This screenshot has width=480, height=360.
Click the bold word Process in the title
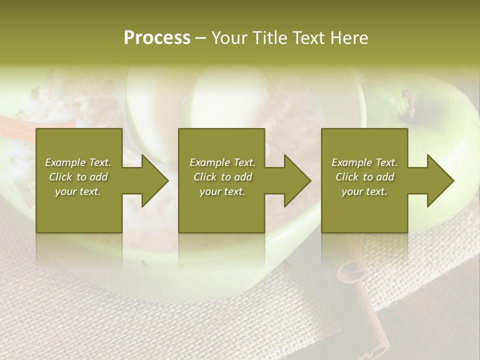(x=157, y=37)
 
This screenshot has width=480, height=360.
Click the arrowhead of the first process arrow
(x=155, y=180)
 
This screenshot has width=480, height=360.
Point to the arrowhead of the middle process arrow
(x=297, y=180)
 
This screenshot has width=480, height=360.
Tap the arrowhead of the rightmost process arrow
(x=440, y=180)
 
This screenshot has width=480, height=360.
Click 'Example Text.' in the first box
(x=78, y=162)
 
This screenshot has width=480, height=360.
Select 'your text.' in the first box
(x=78, y=191)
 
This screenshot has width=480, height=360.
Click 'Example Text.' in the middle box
(x=222, y=162)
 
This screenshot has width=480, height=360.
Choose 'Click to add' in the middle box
(x=222, y=177)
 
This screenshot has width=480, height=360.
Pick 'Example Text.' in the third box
(x=364, y=162)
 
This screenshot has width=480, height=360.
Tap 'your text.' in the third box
(x=364, y=191)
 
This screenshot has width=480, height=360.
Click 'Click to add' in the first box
(x=78, y=177)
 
